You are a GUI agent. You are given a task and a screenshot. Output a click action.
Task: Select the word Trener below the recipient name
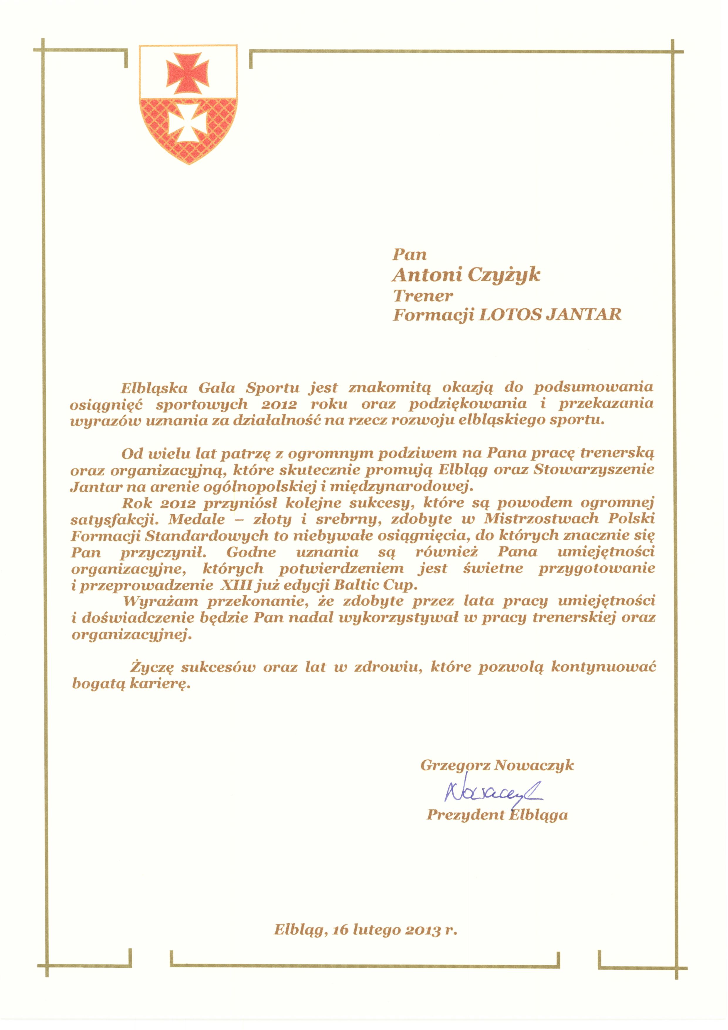pyautogui.click(x=423, y=296)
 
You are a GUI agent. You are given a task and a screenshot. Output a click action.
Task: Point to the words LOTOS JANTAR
pyautogui.click(x=550, y=315)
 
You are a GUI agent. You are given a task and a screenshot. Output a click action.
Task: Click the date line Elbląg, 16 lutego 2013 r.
pyautogui.click(x=365, y=930)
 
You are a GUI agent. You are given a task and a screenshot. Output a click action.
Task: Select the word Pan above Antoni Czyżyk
pyautogui.click(x=409, y=255)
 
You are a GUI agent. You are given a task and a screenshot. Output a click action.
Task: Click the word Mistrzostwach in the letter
pyautogui.click(x=542, y=519)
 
